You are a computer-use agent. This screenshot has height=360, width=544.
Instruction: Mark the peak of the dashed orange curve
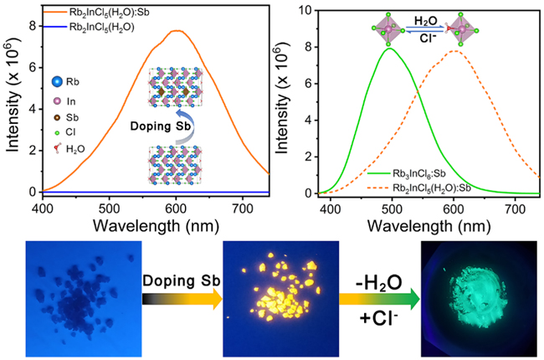(503, 51)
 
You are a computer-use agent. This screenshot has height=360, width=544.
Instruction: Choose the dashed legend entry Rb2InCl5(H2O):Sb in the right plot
(418, 183)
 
